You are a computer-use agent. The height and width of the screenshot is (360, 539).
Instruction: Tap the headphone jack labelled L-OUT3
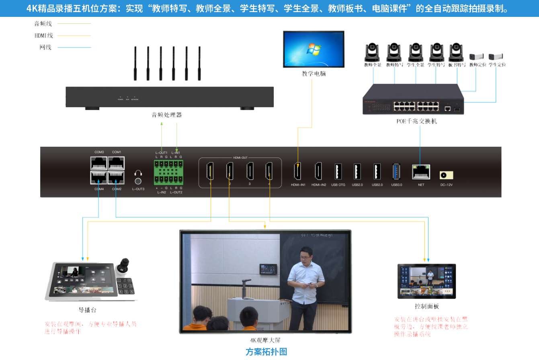[138, 177]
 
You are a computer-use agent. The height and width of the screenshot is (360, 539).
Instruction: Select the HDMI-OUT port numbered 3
[250, 171]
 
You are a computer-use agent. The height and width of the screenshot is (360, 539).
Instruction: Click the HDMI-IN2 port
[318, 171]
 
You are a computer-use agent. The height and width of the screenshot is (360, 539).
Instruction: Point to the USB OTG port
[338, 171]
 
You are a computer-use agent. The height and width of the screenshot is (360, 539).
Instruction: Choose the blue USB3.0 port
[396, 171]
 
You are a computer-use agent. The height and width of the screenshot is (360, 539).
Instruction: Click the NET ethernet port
[421, 172]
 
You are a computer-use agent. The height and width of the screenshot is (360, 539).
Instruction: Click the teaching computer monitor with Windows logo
[314, 49]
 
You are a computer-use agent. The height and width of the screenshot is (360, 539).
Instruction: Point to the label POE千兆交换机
[417, 121]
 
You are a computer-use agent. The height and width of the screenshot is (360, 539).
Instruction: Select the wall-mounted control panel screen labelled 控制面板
[426, 281]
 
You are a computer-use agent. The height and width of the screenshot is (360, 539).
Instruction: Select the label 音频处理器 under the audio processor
[166, 115]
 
